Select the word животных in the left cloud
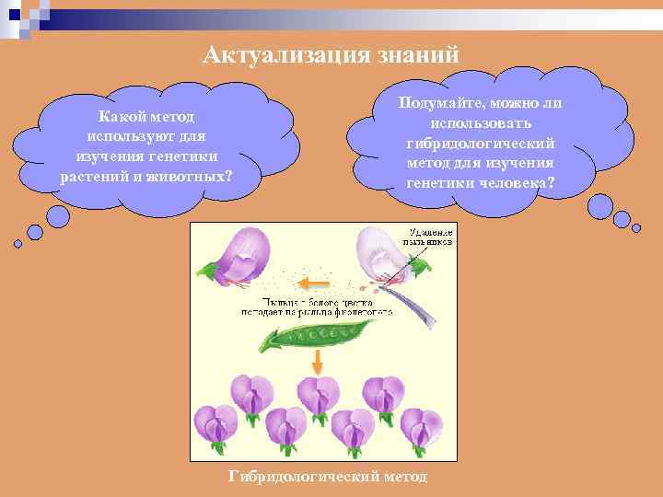pyautogui.click(x=190, y=175)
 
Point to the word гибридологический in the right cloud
pyautogui.click(x=480, y=143)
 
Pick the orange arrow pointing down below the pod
pyautogui.click(x=317, y=361)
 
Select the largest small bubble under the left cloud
pyautogui.click(x=58, y=216)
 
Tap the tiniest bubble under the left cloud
pyautogui.click(x=17, y=244)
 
